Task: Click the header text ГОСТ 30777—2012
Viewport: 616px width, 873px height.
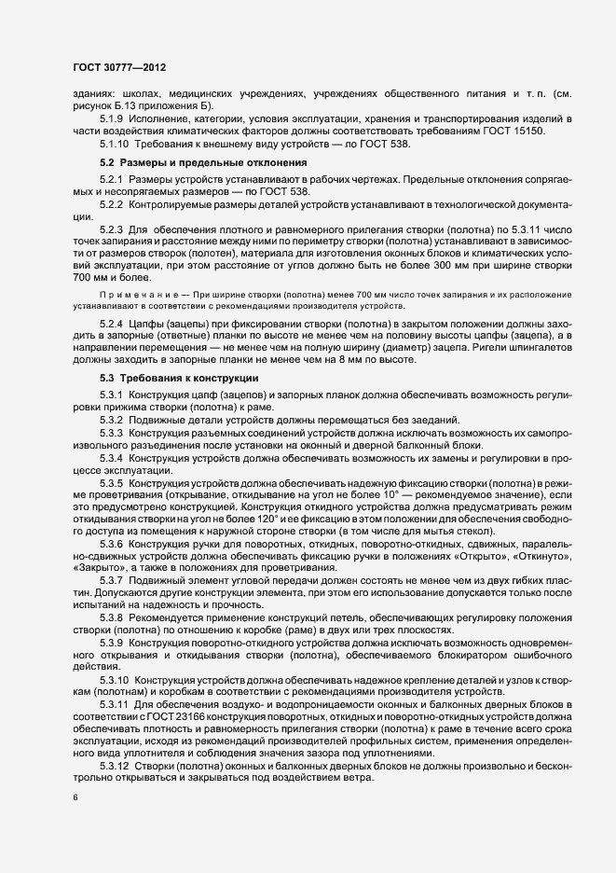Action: (x=119, y=67)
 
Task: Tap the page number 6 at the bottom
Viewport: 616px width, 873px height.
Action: (x=75, y=798)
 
